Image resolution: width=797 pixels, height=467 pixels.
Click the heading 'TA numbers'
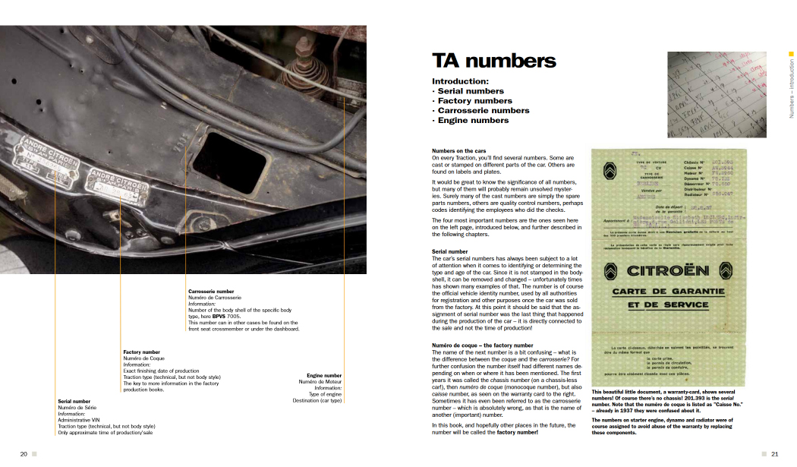pos(493,62)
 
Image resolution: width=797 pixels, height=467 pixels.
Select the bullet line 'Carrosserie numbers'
pos(480,110)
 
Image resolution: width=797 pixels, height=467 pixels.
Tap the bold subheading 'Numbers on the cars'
pos(458,151)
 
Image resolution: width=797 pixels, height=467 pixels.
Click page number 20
pos(24,454)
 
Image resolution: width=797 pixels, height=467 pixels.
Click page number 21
pos(774,454)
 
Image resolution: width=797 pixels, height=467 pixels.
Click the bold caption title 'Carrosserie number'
pos(211,291)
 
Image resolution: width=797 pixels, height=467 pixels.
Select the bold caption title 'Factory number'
pos(141,352)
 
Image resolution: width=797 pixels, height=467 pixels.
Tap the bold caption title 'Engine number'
pos(324,375)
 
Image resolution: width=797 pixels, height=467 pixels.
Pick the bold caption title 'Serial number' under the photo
pos(74,401)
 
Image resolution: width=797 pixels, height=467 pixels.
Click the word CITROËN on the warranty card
pos(668,271)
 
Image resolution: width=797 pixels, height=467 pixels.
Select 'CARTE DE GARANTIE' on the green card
pos(668,292)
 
